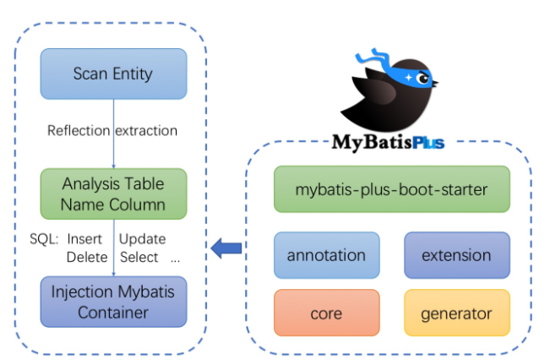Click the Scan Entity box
(114, 74)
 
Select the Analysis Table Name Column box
(114, 194)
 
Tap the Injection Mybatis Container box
(114, 302)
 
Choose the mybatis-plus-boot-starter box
(392, 189)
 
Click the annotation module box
(327, 255)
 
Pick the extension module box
(457, 255)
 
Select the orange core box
(327, 313)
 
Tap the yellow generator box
(457, 313)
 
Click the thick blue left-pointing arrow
(226, 248)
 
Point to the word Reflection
(79, 130)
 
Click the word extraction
(146, 131)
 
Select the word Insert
(84, 239)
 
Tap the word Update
(143, 239)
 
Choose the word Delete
(87, 257)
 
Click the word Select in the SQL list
(139, 257)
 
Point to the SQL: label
(44, 239)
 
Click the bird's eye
(424, 79)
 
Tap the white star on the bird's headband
(408, 77)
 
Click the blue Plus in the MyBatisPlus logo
(428, 143)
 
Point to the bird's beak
(435, 84)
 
